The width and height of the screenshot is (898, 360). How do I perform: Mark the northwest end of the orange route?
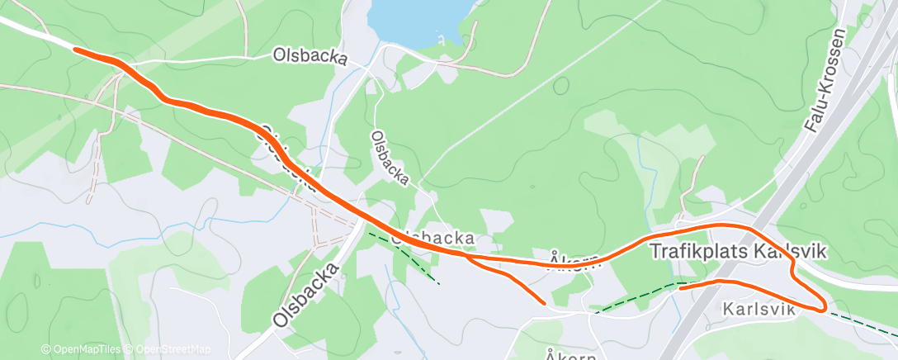coord(76,50)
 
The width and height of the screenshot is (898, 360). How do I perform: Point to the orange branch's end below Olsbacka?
coord(543,302)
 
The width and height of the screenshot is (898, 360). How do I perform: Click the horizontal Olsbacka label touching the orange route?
coord(432,238)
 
